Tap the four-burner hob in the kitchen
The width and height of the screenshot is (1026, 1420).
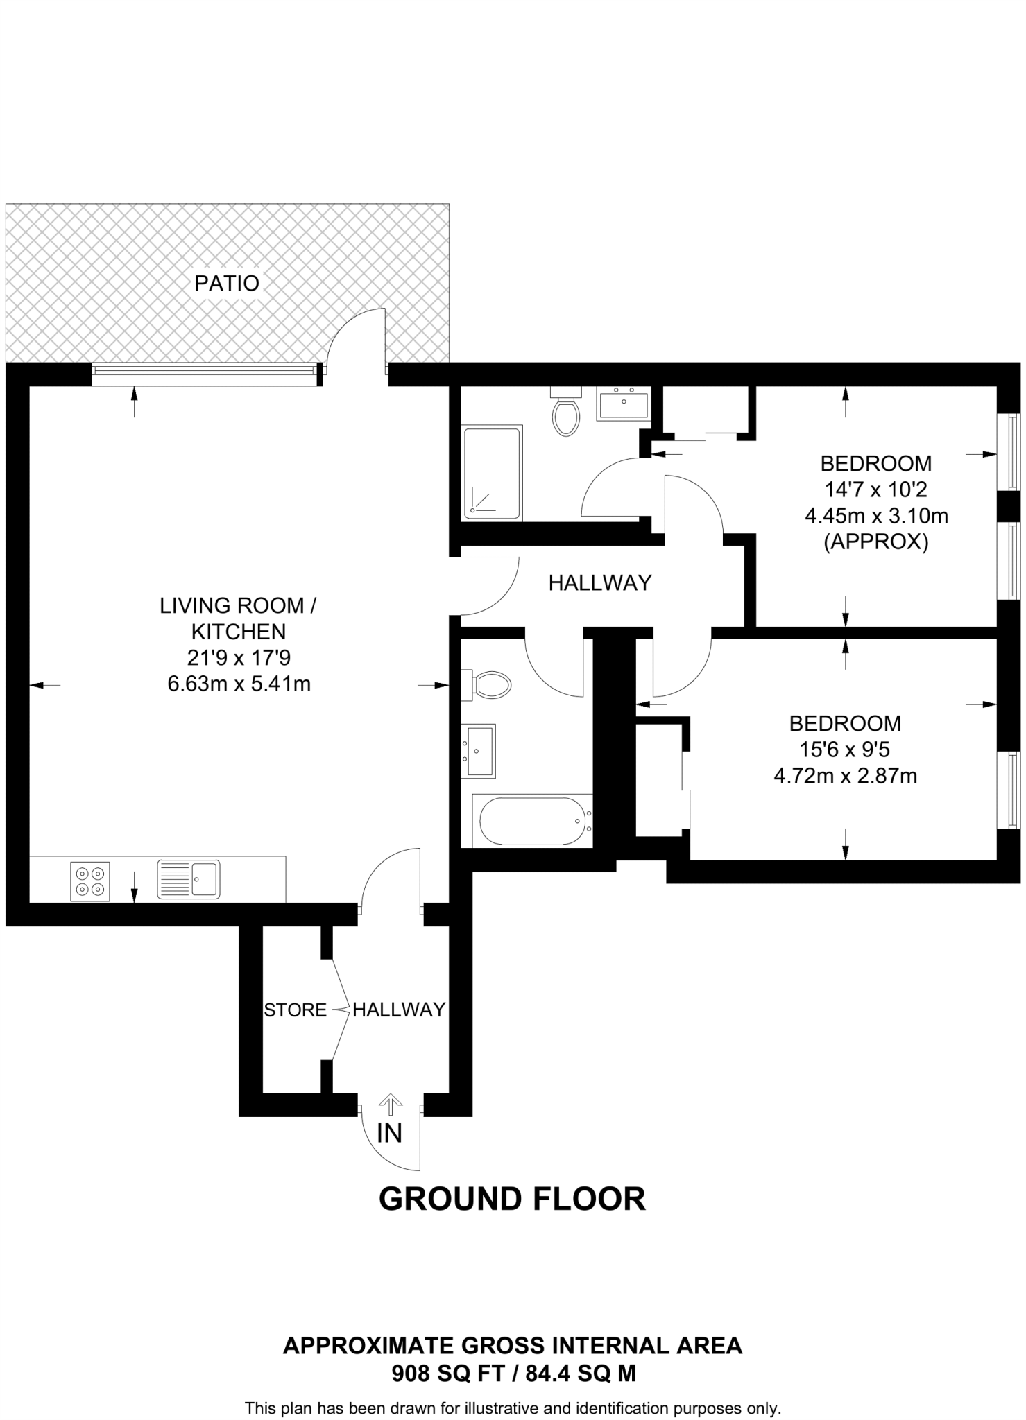pyautogui.click(x=90, y=881)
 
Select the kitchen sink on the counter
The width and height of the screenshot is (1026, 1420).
pyautogui.click(x=189, y=879)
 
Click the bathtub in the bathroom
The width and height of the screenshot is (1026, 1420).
pyautogui.click(x=532, y=821)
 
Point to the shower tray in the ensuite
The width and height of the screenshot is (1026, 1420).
pyautogui.click(x=492, y=474)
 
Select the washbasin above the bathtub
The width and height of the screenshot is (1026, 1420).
pyautogui.click(x=479, y=751)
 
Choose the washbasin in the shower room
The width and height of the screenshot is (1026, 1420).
pyautogui.click(x=624, y=404)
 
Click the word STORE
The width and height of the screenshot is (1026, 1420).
pyautogui.click(x=295, y=1010)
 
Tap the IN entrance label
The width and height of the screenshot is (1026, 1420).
pyautogui.click(x=389, y=1133)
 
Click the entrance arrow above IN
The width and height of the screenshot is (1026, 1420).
pyautogui.click(x=391, y=1105)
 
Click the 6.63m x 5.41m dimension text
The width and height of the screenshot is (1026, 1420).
pyautogui.click(x=239, y=684)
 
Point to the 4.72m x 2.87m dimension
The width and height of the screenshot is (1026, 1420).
pyautogui.click(x=845, y=776)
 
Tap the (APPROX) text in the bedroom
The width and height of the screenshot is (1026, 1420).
pyautogui.click(x=875, y=542)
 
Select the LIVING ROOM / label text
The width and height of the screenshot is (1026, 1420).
pyautogui.click(x=238, y=605)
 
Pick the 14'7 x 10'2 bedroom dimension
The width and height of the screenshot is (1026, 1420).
pyautogui.click(x=875, y=490)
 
